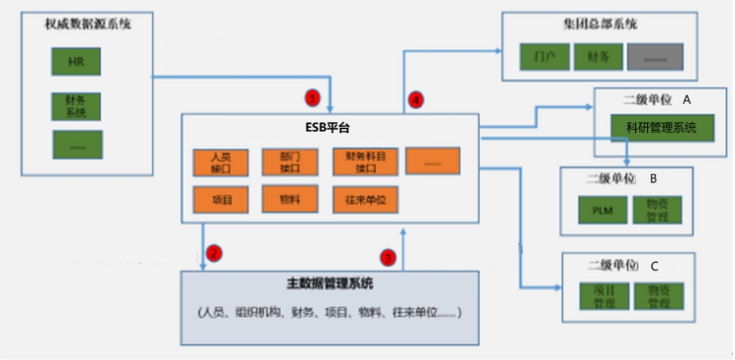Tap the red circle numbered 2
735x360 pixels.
point(215,251)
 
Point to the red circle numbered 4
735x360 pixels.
point(417,101)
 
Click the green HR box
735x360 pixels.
point(77,62)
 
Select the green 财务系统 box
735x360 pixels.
point(77,106)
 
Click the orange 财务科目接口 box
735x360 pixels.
point(365,162)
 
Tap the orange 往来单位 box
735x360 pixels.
point(365,200)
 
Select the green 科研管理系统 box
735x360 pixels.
point(661,128)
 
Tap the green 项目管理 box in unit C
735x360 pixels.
point(600,296)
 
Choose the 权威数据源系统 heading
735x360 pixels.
point(88,25)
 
